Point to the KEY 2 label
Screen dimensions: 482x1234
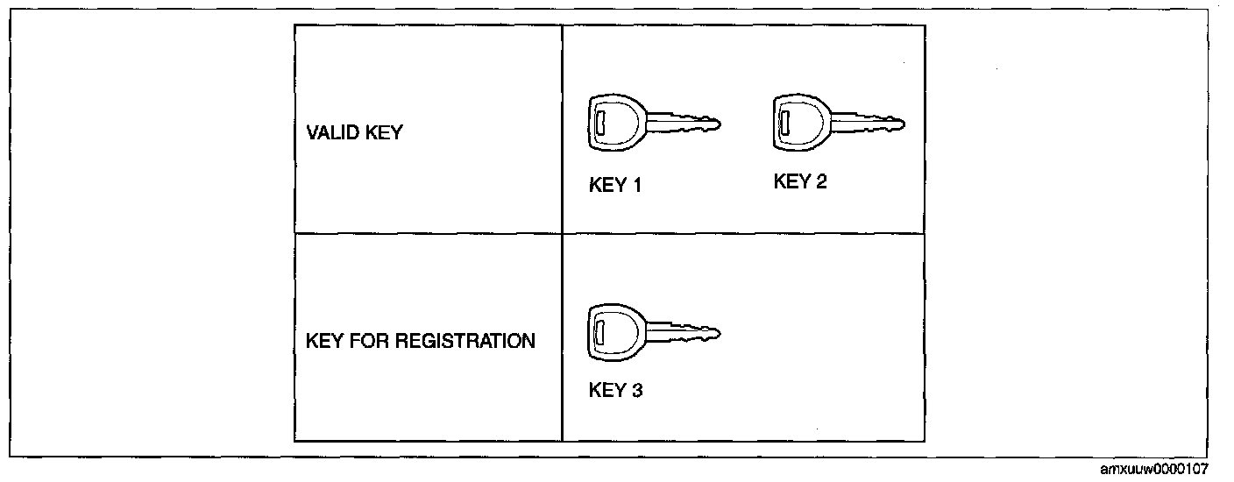click(x=800, y=181)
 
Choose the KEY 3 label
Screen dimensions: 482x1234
click(x=615, y=391)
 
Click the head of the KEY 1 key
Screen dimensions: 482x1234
click(x=611, y=121)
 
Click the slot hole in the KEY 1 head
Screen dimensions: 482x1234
click(x=599, y=122)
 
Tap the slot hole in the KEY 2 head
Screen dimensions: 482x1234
click(x=785, y=118)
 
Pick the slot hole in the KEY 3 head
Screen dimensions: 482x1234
click(x=600, y=332)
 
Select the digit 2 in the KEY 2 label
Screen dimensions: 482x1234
click(x=821, y=181)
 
